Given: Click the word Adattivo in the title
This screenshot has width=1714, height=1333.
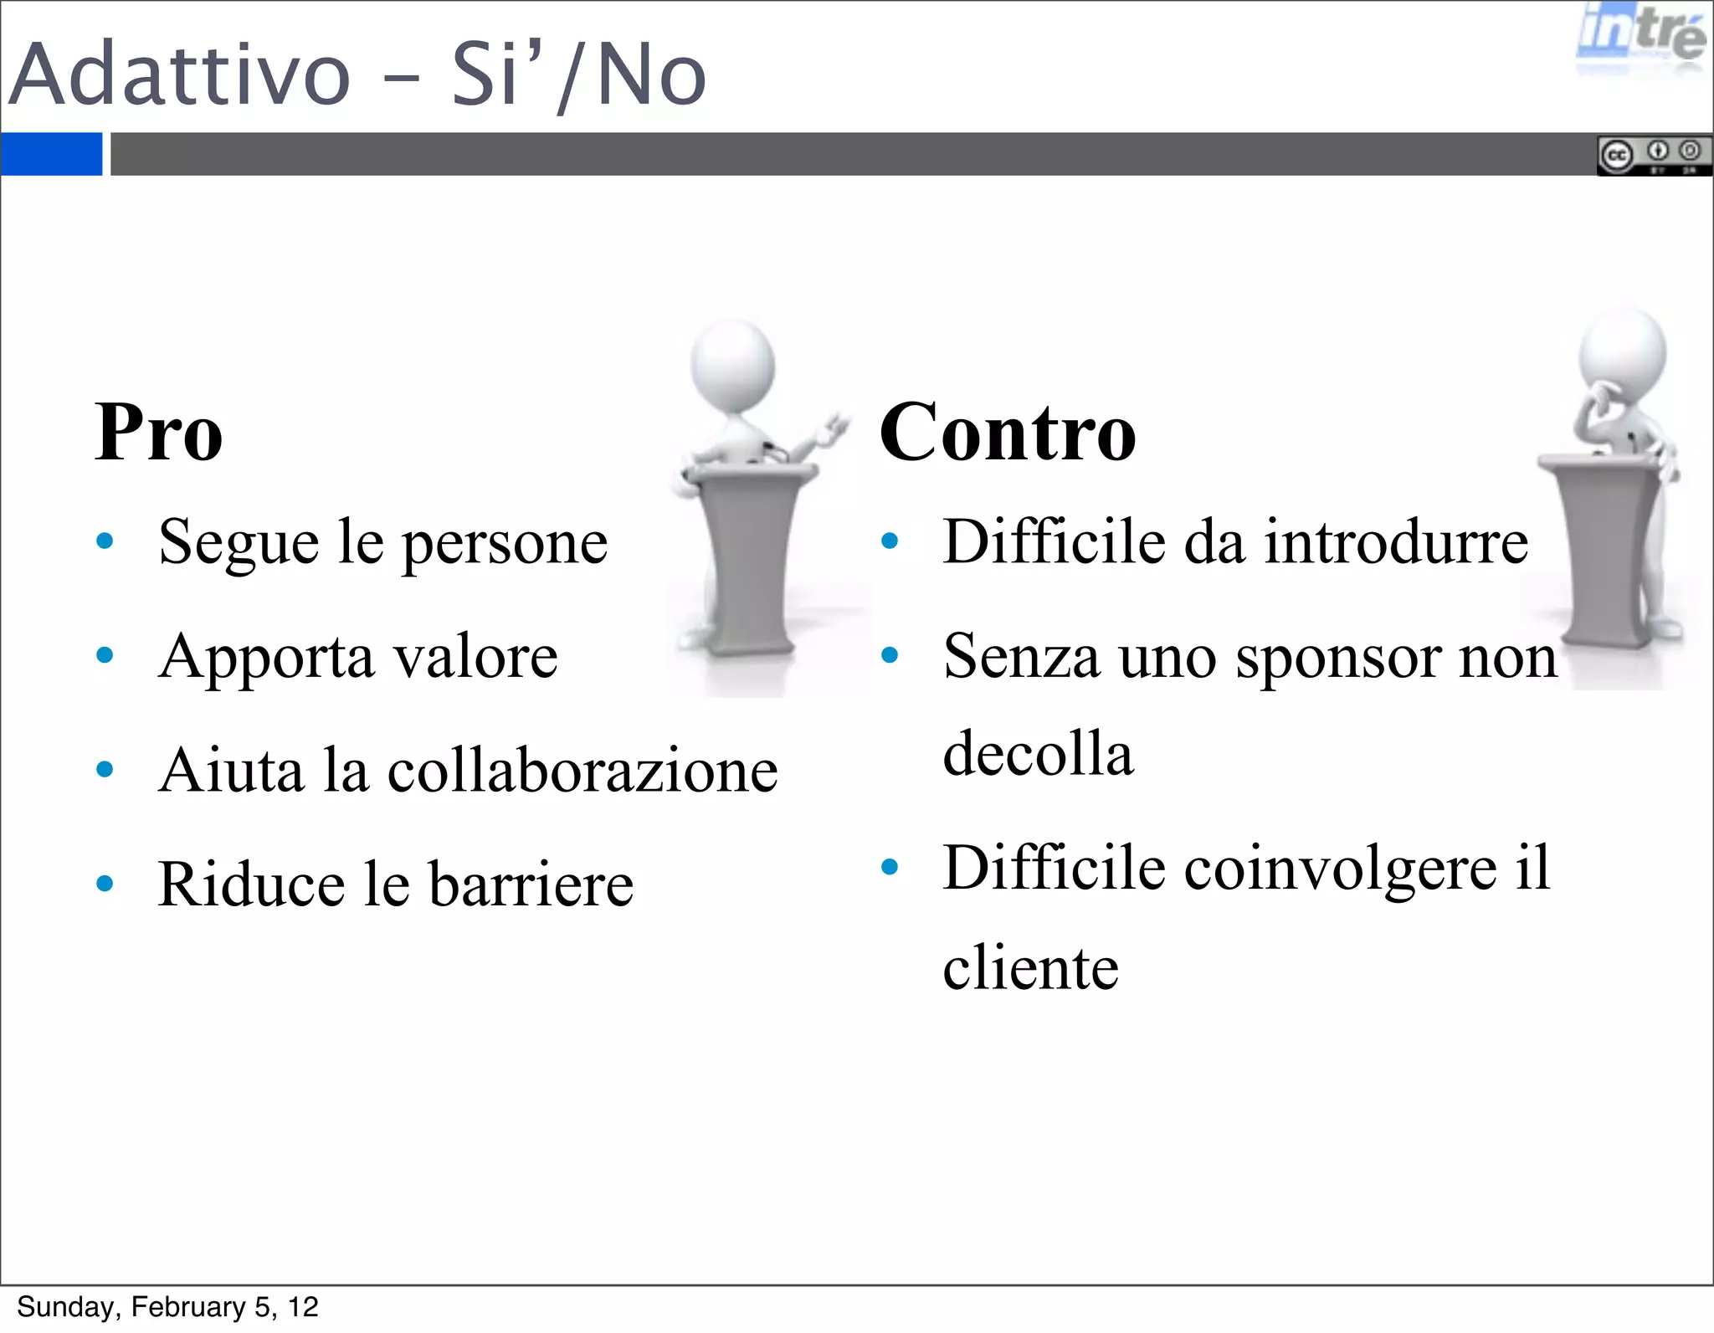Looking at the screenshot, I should (179, 75).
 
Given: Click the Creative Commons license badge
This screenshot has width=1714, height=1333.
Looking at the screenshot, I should (1653, 155).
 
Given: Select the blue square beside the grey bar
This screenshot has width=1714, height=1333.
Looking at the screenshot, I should (51, 154).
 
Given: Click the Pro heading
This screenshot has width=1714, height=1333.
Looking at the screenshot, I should (159, 433).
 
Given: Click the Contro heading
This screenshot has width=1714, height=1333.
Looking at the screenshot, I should (1008, 433).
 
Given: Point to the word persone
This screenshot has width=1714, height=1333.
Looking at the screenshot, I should (505, 544).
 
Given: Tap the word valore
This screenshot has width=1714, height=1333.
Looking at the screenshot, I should (475, 657).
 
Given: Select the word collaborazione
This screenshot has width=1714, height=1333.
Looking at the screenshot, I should (582, 771).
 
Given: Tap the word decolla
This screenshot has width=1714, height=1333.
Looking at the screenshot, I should (1038, 753).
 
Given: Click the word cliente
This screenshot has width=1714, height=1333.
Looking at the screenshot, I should (1030, 968).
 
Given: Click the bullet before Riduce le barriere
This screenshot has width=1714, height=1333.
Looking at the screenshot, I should (105, 884).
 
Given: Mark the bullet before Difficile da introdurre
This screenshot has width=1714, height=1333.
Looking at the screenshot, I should (890, 541).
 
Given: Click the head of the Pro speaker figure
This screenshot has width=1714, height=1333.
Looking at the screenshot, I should (732, 364).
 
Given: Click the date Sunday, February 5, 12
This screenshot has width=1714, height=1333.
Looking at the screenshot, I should (167, 1307).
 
